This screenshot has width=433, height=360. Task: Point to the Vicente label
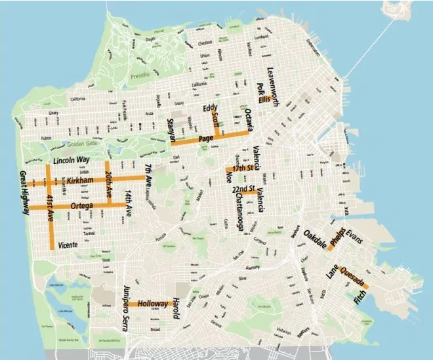(68, 245)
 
